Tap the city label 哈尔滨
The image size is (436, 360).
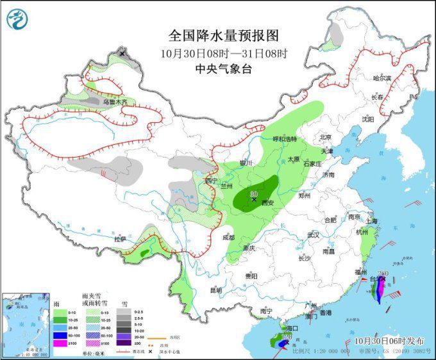click(382, 78)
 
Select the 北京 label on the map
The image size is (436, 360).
click(325, 137)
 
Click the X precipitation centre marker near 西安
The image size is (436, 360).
click(254, 200)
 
